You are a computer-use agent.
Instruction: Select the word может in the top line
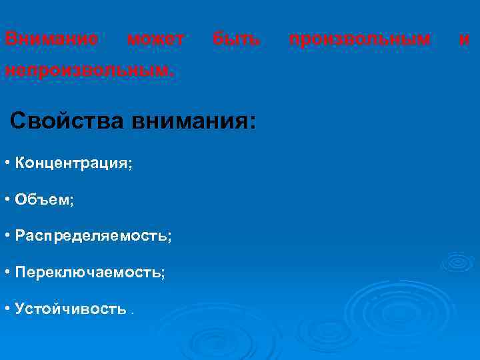point(156,39)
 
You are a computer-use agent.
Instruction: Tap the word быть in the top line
point(237,39)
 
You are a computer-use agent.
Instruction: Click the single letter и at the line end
point(465,40)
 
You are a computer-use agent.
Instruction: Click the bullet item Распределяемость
point(93,237)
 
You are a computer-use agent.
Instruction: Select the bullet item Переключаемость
point(90,273)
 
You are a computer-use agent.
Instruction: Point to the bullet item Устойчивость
point(70,309)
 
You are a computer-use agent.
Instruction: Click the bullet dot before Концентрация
point(6,163)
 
